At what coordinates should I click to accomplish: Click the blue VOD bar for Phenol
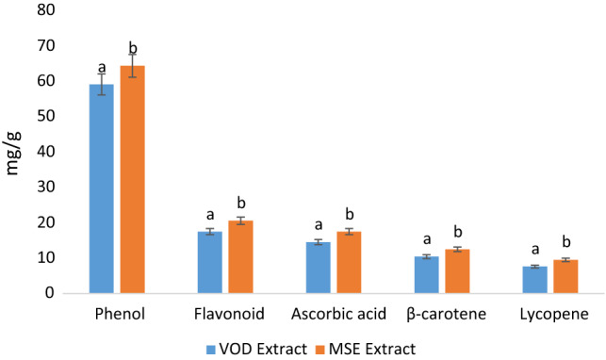pos(102,188)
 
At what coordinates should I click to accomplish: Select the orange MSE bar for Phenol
pos(132,179)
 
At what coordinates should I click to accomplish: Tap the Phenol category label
pos(117,314)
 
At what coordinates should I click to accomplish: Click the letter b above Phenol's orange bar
pos(133,47)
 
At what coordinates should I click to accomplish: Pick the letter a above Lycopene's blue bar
pos(534,250)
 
